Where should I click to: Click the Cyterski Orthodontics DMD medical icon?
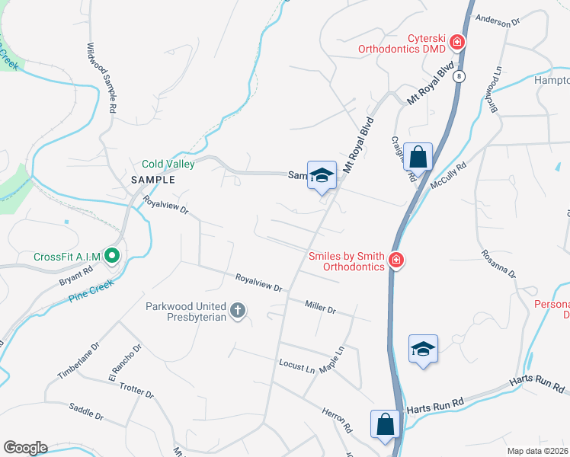457,42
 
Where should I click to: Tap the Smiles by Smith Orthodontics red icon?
395,261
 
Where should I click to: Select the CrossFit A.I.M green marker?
113,256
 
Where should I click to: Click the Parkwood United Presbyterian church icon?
238,310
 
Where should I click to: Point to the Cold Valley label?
168,164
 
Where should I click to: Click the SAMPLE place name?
152,180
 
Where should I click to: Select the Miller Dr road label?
320,308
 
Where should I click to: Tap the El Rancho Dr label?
125,363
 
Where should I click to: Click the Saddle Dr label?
86,412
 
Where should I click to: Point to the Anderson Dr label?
497,22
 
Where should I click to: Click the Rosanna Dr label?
498,263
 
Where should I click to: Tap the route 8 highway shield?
462,76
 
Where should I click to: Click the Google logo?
25,447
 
